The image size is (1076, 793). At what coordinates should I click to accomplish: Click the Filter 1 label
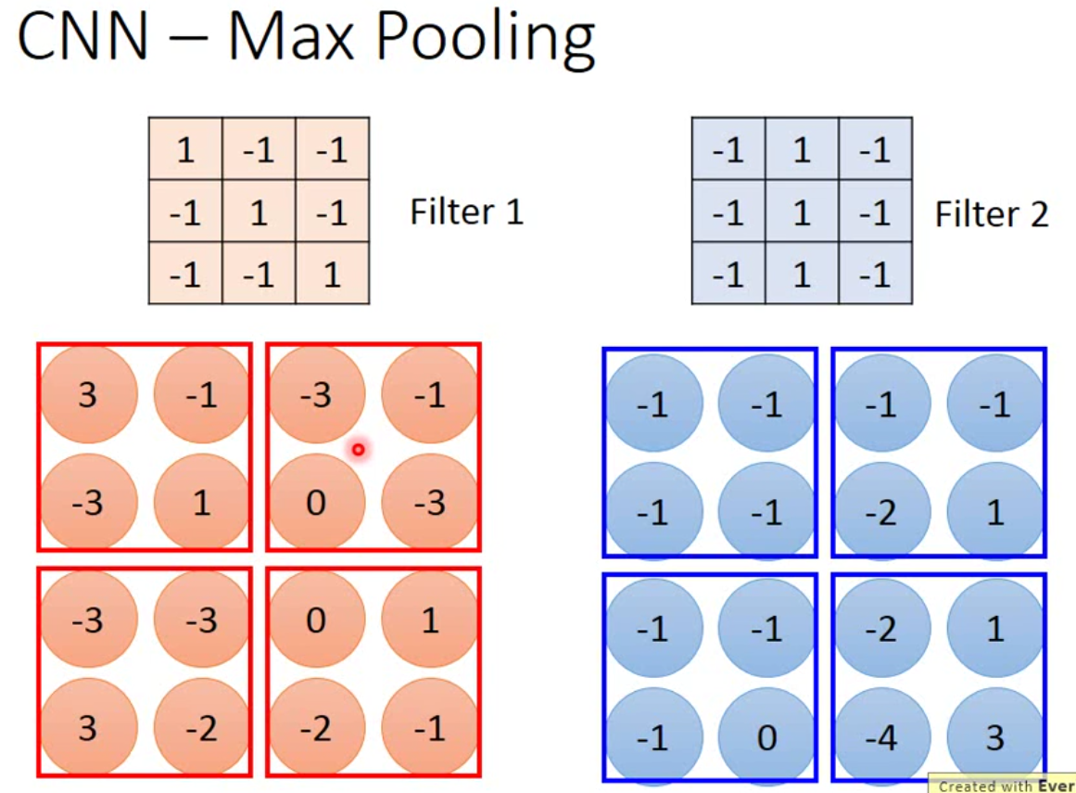[466, 212]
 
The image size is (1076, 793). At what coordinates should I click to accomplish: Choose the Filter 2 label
[991, 214]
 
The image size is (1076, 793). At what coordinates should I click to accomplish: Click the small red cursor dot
[358, 450]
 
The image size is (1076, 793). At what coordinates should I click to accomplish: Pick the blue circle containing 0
[766, 737]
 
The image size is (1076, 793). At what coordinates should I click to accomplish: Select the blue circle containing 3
[994, 737]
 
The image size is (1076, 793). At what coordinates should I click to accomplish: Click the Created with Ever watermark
[1004, 786]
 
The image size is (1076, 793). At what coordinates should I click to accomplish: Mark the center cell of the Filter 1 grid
[259, 212]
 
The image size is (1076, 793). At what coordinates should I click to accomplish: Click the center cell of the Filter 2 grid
[802, 212]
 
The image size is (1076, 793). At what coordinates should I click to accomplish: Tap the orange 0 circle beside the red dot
[316, 503]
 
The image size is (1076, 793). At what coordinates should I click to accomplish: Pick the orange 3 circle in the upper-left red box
[88, 395]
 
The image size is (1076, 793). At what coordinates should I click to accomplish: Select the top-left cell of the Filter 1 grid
[185, 149]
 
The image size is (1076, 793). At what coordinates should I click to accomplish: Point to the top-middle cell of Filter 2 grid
[802, 149]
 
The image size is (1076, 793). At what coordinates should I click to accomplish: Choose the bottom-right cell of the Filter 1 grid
[332, 275]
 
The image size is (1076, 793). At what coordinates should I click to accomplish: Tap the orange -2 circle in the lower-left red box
[201, 728]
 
